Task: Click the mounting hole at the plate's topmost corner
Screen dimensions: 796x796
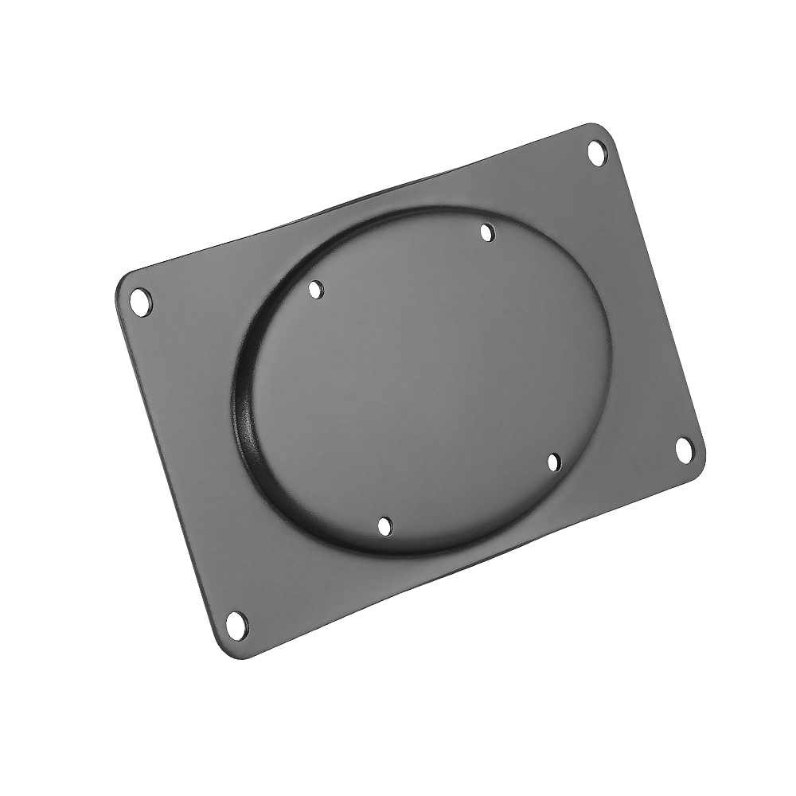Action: (x=597, y=151)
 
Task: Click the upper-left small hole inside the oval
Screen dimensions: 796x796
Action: (x=317, y=289)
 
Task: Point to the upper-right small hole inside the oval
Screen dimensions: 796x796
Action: (x=487, y=232)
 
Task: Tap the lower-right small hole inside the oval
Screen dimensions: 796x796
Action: (x=554, y=461)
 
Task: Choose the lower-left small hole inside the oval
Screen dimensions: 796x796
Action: (x=384, y=526)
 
